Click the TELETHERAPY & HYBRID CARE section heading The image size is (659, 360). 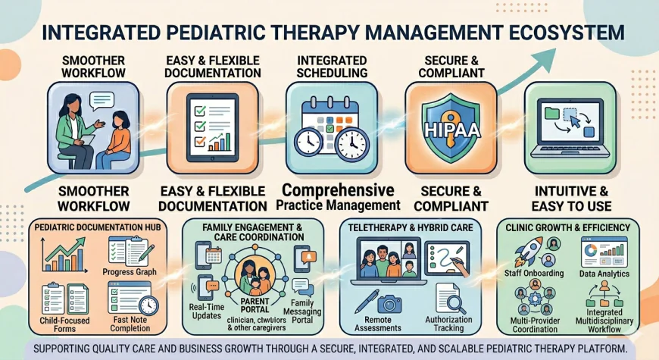409,227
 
